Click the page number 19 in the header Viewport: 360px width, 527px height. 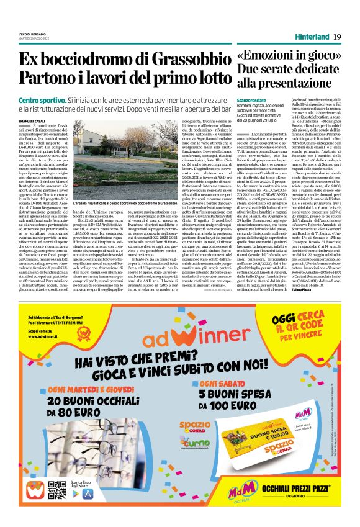click(338, 36)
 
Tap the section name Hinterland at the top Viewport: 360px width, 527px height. click(313, 36)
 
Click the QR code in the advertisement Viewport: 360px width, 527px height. click(56, 489)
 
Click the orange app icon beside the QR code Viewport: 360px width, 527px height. click(35, 489)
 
